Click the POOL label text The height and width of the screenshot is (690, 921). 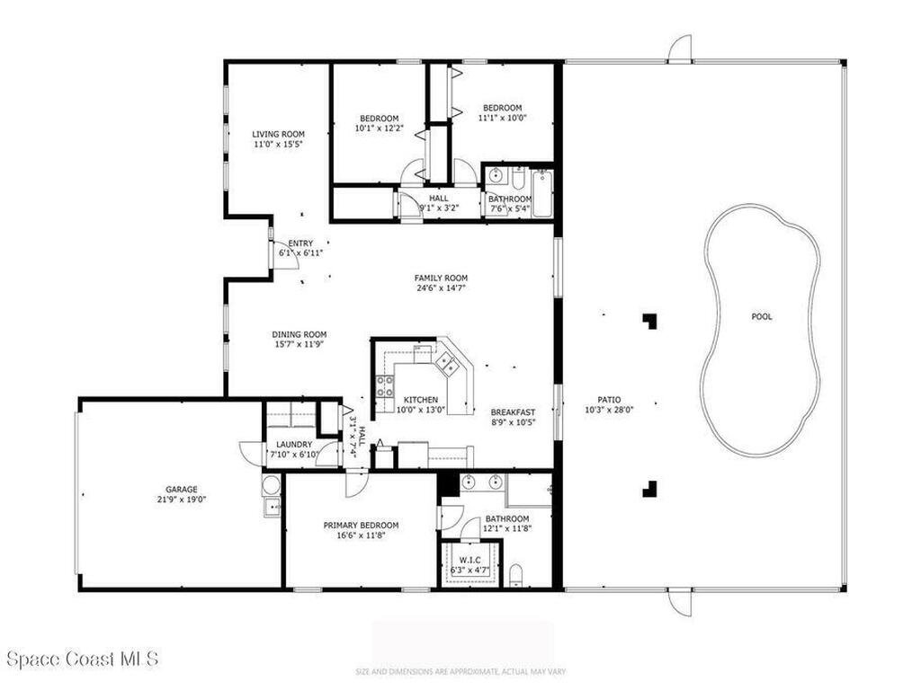tap(762, 316)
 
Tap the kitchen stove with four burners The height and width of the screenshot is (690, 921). tap(384, 386)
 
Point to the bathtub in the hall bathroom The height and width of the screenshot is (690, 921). tap(541, 190)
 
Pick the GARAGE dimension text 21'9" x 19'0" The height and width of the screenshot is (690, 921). tap(181, 500)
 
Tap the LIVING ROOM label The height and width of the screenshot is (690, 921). tap(278, 134)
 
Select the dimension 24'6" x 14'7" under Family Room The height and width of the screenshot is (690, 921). tap(441, 288)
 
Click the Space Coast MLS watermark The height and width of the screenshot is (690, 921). tap(83, 659)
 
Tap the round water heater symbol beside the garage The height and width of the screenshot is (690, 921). tap(271, 486)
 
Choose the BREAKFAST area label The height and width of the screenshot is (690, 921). tap(514, 412)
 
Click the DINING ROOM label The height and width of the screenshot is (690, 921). tap(300, 334)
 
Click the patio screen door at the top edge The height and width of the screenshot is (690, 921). tap(680, 49)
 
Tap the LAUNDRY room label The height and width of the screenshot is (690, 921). tap(294, 444)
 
